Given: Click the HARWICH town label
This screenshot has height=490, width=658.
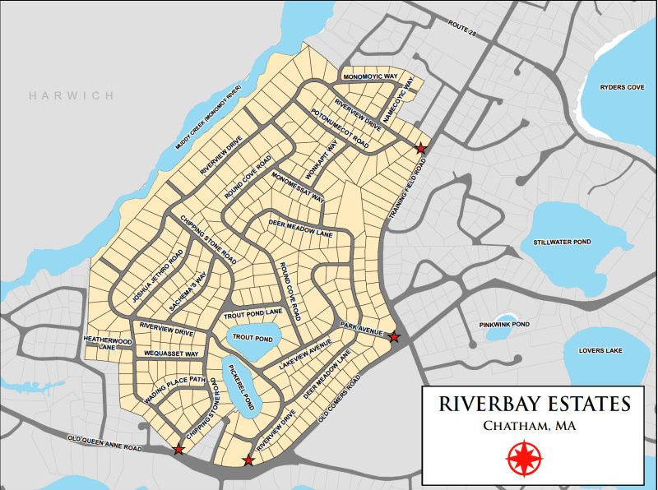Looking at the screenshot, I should (72, 96).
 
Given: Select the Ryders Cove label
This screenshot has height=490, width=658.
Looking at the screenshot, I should (622, 86).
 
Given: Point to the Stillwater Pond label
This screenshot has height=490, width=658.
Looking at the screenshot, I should (562, 243).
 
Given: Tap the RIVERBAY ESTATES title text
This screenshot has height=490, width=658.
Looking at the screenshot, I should (535, 404).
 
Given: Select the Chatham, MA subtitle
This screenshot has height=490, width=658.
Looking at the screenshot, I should (529, 426).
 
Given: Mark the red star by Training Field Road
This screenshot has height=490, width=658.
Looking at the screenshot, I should (421, 149).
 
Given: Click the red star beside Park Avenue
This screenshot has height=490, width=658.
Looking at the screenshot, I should (395, 337).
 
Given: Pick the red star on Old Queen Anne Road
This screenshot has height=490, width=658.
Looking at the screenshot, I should (178, 449).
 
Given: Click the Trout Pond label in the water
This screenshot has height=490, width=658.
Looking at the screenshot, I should (253, 338).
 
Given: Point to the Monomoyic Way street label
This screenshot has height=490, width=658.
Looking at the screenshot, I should (370, 76).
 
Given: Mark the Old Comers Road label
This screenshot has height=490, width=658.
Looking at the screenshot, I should (339, 400).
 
